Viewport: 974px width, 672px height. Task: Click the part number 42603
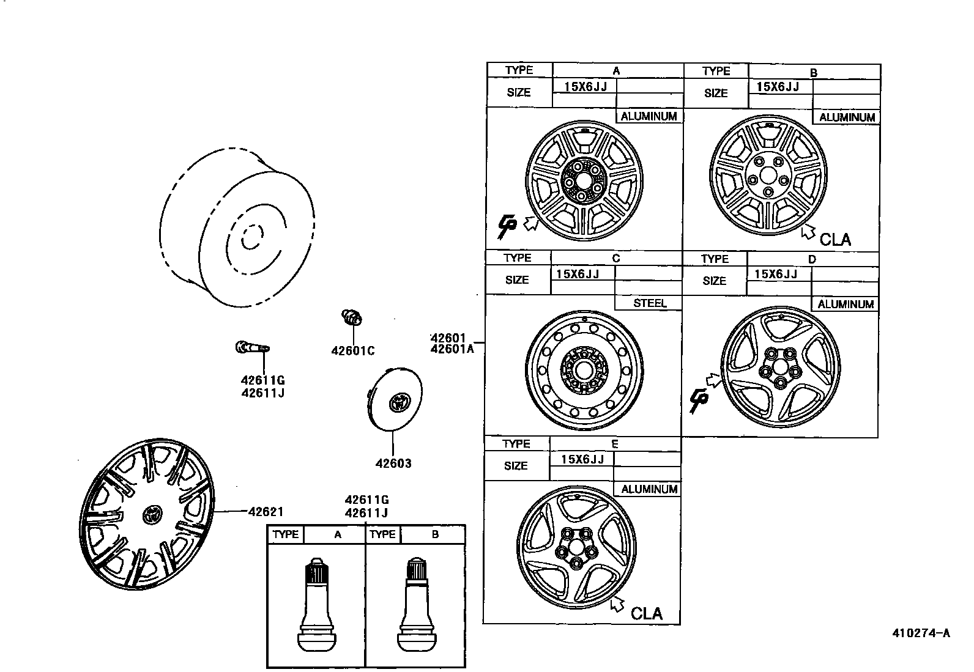[393, 463]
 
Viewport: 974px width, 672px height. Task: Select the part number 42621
[266, 512]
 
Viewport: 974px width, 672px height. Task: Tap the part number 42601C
[353, 351]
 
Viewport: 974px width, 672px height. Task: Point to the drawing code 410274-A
[921, 633]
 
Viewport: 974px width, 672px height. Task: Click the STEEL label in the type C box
[649, 303]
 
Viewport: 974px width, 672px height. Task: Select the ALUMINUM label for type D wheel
[846, 304]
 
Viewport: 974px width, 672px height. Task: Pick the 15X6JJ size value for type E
[582, 459]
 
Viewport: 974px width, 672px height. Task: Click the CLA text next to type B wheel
[835, 239]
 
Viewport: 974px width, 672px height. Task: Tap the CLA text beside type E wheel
[646, 613]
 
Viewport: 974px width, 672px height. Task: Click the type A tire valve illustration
[316, 605]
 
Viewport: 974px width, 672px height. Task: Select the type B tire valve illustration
[416, 605]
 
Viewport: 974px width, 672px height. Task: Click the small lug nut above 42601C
[351, 317]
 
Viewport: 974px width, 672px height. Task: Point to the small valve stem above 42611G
[251, 349]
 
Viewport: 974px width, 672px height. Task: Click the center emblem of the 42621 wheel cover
[151, 515]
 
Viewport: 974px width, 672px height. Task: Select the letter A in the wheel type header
[616, 70]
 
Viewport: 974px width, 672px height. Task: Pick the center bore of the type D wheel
[779, 368]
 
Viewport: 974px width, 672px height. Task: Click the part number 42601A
[453, 349]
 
